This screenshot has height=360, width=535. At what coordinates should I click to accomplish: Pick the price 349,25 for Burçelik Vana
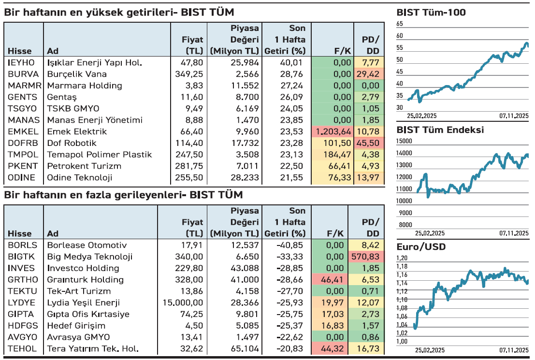[189, 74]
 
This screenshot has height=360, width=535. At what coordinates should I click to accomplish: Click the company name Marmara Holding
[85, 86]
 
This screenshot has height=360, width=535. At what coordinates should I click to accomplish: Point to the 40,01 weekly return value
[290, 62]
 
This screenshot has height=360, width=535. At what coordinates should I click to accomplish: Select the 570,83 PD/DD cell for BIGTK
[367, 257]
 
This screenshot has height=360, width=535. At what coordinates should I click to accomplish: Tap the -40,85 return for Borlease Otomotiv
[290, 245]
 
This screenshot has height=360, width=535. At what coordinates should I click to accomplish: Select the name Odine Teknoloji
[80, 177]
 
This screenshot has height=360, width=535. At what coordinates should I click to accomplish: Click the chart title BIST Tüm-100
[431, 13]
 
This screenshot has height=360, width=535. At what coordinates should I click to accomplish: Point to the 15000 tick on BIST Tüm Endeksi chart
[405, 141]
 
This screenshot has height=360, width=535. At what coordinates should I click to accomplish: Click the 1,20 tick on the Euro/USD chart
[402, 258]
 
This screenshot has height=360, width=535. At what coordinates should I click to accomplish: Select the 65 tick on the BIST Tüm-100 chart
[399, 24]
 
